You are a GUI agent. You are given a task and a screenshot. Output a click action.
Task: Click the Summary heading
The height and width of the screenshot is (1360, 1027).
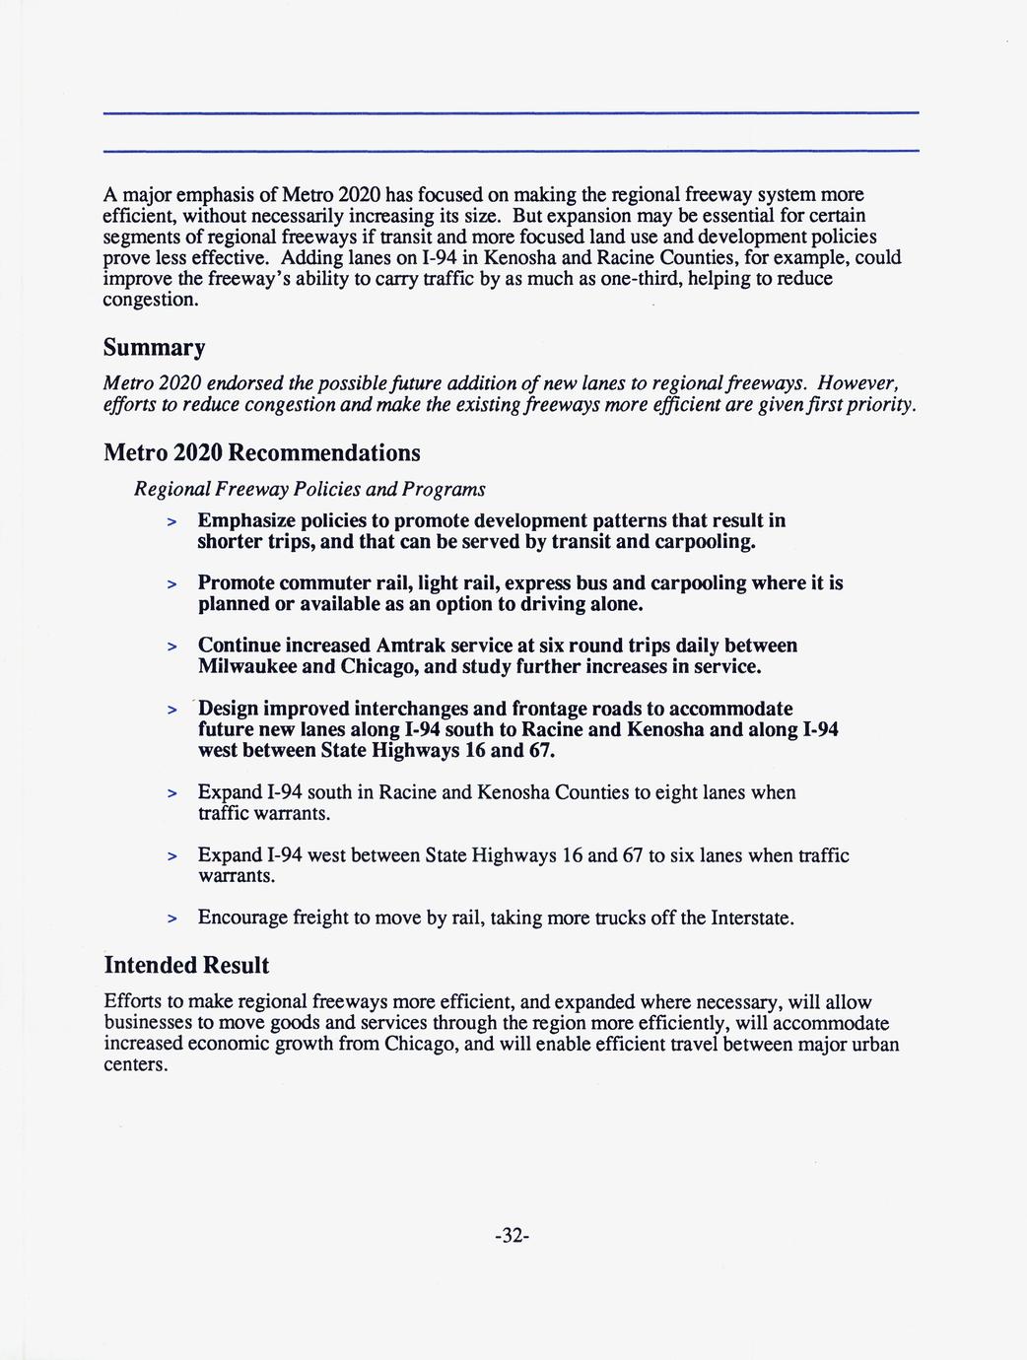pyautogui.click(x=155, y=349)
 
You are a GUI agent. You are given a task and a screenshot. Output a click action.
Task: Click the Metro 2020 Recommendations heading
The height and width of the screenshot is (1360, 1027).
pyautogui.click(x=262, y=453)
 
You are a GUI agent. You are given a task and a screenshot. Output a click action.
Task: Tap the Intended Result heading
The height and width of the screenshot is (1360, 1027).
pyautogui.click(x=186, y=965)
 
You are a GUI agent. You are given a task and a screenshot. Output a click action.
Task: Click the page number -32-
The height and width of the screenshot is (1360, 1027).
pyautogui.click(x=513, y=1236)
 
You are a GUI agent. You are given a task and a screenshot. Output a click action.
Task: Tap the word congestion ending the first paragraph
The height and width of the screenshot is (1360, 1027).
pyautogui.click(x=151, y=300)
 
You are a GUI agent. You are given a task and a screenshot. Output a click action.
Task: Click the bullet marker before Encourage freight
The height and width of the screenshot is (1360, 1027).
pyautogui.click(x=171, y=919)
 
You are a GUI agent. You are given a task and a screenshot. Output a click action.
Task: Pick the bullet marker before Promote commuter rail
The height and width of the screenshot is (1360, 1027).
pyautogui.click(x=171, y=584)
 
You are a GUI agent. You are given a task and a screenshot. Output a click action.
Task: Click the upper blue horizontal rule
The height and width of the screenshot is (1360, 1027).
pyautogui.click(x=511, y=113)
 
